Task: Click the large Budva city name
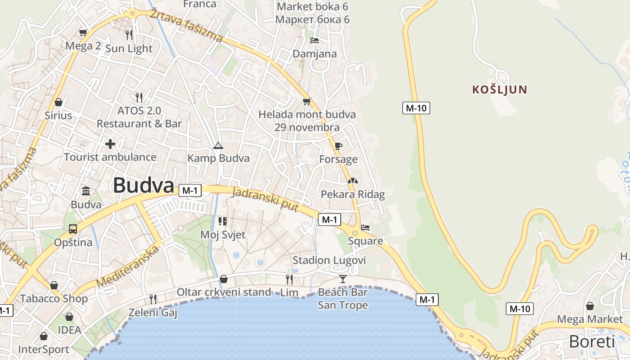[143, 185]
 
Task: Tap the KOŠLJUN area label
[499, 90]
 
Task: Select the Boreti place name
[591, 342]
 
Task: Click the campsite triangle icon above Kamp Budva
[218, 145]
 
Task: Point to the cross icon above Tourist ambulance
[110, 144]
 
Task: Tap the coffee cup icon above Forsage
[338, 146]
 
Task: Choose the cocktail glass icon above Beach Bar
[343, 279]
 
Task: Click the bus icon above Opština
[73, 229]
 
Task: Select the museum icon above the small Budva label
[86, 191]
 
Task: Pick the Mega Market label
[589, 319]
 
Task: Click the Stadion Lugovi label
[329, 260]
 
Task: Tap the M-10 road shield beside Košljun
[416, 108]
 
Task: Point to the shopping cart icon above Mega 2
[83, 32]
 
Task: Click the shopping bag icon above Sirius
[58, 102]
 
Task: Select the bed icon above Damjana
[315, 40]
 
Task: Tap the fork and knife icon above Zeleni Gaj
[153, 299]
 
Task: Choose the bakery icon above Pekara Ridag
[352, 181]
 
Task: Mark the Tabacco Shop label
[54, 298]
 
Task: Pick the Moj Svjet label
[223, 234]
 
